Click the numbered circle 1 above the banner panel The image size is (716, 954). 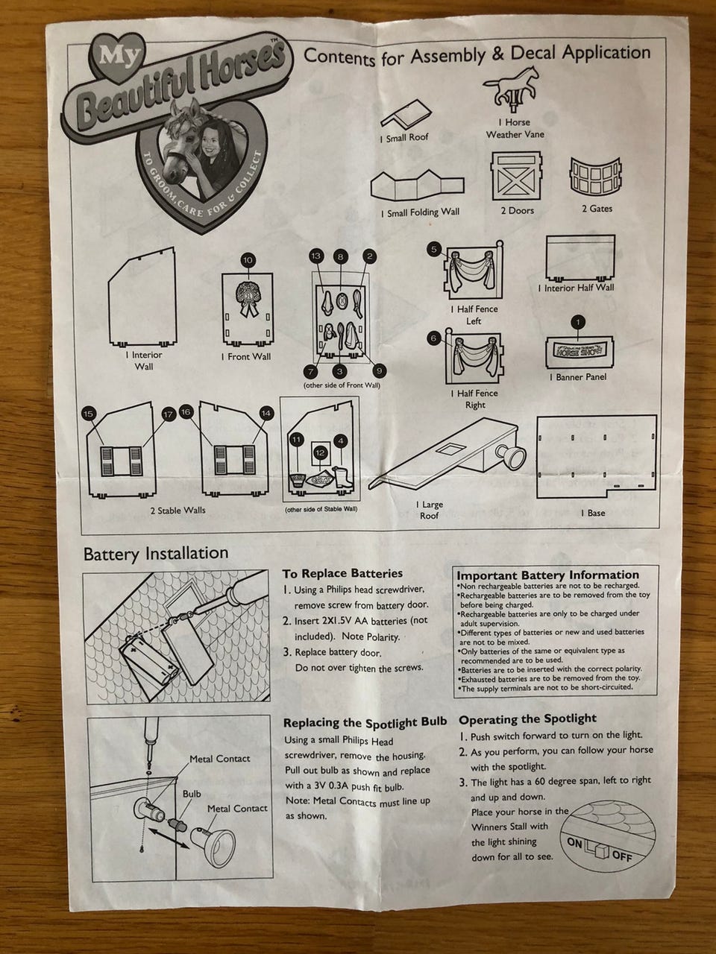pos(577,323)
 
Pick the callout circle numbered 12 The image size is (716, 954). pos(321,452)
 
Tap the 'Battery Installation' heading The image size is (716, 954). pos(156,553)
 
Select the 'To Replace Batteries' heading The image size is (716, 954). pos(342,573)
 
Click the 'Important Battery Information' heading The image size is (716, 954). pos(547,575)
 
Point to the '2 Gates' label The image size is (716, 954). pos(597,209)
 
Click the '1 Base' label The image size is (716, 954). pos(595,513)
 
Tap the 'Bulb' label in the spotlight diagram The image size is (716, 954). pos(192,794)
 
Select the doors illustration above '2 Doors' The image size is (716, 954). pos(516,176)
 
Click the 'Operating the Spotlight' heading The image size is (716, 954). pos(527,718)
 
